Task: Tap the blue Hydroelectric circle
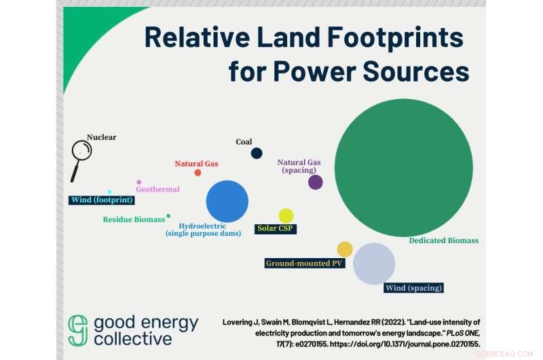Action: (227, 201)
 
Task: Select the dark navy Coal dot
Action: (257, 154)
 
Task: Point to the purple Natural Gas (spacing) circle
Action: (316, 182)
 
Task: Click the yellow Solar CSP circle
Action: (286, 215)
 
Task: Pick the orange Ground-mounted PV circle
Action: (345, 249)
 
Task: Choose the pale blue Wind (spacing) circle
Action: (374, 264)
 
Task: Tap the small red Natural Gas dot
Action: (198, 173)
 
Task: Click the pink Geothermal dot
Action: (139, 182)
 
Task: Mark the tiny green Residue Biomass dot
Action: (168, 216)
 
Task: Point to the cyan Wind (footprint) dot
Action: (109, 192)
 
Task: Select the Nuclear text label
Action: (101, 137)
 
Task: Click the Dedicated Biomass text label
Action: (443, 240)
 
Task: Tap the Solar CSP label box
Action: (276, 228)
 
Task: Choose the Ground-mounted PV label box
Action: (305, 262)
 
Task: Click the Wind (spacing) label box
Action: (414, 288)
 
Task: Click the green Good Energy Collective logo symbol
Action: (78, 330)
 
